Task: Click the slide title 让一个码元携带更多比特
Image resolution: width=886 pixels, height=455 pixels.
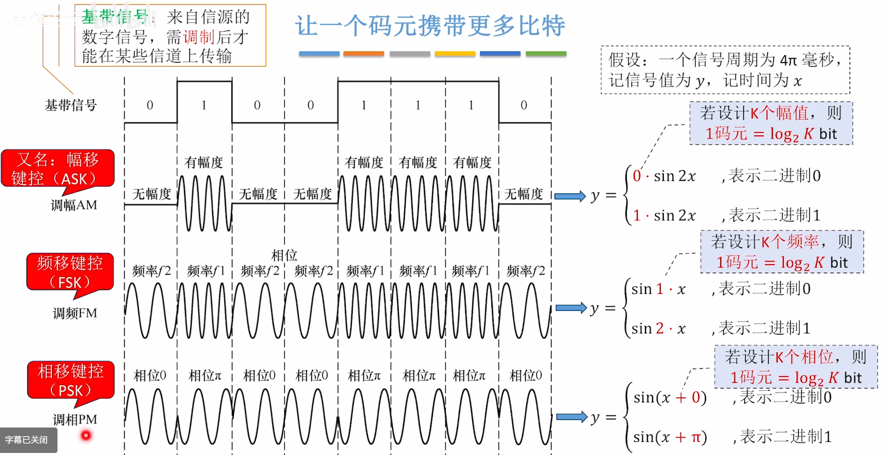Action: (430, 25)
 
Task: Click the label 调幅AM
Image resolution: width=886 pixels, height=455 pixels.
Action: (74, 205)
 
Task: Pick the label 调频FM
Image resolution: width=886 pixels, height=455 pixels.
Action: (75, 313)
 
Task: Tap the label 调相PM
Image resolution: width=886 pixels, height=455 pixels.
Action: (75, 419)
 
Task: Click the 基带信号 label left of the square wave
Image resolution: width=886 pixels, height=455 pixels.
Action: (71, 105)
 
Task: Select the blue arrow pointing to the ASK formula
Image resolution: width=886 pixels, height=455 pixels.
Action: (570, 196)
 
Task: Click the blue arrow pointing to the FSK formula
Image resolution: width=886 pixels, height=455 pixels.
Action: (571, 308)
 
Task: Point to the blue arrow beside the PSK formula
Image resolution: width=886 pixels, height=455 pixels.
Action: (572, 417)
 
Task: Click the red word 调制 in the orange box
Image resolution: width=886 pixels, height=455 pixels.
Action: (199, 37)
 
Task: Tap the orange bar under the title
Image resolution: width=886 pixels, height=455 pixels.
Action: (363, 53)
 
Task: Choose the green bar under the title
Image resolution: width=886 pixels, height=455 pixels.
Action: (546, 53)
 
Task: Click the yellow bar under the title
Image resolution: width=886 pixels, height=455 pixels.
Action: (455, 53)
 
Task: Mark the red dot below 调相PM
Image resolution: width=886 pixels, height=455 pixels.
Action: (86, 435)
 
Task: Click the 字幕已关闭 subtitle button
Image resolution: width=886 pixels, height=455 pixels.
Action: (26, 440)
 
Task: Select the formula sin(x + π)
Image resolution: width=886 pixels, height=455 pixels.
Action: (670, 437)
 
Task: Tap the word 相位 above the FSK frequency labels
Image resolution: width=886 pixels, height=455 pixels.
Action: (284, 255)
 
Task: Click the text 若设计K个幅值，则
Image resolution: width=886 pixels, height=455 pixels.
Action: (770, 112)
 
